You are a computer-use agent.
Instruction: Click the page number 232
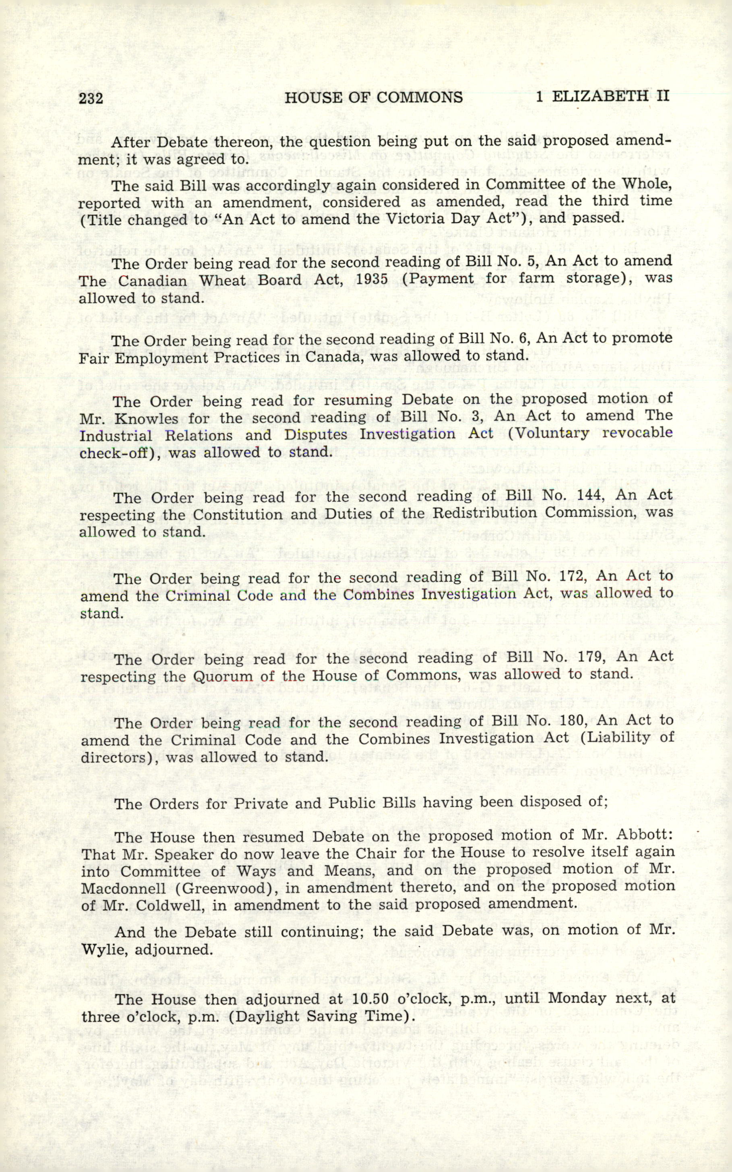[91, 98]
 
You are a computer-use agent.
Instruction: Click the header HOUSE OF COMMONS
[373, 98]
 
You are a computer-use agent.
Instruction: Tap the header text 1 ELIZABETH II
[602, 96]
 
